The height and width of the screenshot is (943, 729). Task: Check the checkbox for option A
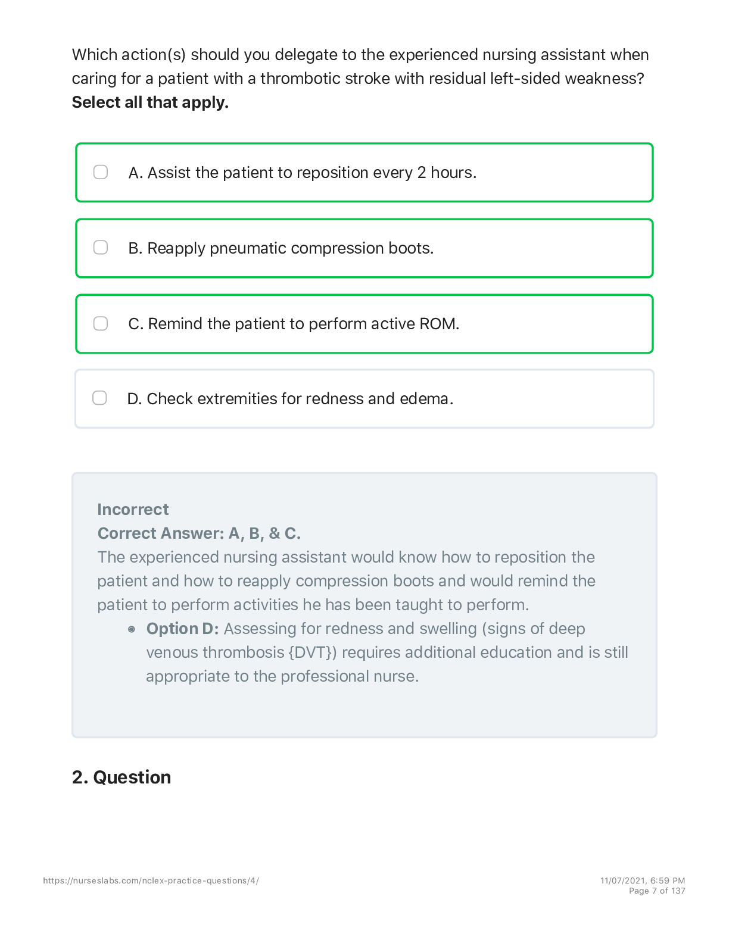(x=101, y=172)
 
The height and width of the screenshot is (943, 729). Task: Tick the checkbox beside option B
(x=101, y=247)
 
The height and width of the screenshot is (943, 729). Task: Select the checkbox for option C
(x=101, y=323)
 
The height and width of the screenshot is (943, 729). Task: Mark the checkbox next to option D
(x=99, y=398)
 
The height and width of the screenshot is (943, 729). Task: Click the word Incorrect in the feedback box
(x=133, y=510)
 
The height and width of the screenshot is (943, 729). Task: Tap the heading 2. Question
(x=121, y=777)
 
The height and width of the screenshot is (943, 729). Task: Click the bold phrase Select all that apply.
(x=150, y=102)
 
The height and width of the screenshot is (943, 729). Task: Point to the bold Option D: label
(x=182, y=629)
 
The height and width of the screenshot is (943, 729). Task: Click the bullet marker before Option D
(x=132, y=629)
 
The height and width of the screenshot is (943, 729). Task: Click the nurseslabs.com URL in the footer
(x=151, y=880)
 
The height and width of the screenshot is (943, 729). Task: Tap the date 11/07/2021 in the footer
(x=622, y=880)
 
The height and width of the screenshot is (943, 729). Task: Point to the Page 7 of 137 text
(x=657, y=891)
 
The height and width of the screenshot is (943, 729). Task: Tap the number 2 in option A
(x=422, y=173)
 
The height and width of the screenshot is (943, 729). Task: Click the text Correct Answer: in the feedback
(x=160, y=533)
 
